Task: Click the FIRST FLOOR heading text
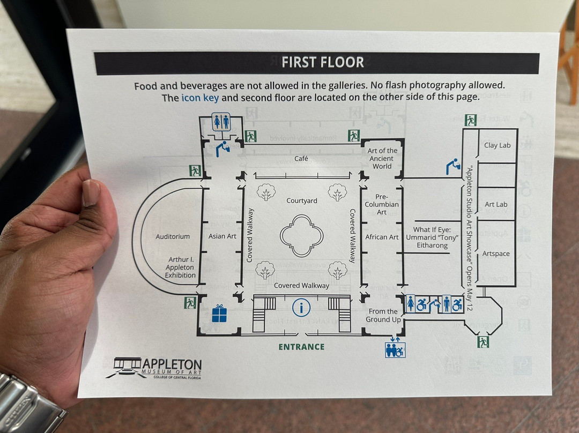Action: point(323,62)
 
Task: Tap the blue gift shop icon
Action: point(219,313)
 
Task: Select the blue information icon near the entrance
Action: point(302,308)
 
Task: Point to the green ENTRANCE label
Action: point(301,347)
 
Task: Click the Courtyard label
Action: point(302,201)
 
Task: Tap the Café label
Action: point(301,159)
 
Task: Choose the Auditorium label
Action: point(173,236)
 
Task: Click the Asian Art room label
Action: point(222,236)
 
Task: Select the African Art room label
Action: point(382,237)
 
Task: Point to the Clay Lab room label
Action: point(498,145)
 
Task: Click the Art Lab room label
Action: point(496,205)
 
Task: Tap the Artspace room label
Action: point(496,253)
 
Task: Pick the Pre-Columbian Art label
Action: point(382,204)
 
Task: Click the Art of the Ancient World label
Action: point(382,159)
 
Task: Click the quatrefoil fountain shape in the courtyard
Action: point(302,235)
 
